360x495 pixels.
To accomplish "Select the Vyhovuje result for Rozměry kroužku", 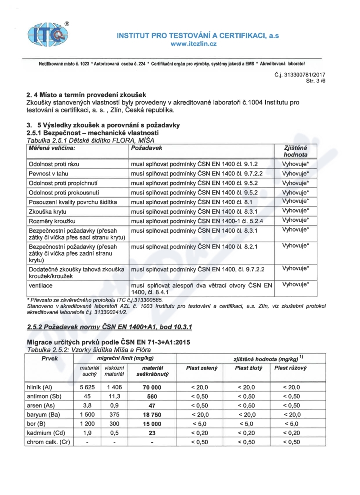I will click(296, 220).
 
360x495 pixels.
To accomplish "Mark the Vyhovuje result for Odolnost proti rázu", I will click(296, 164).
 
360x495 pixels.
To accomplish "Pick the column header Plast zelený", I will click(202, 369).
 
